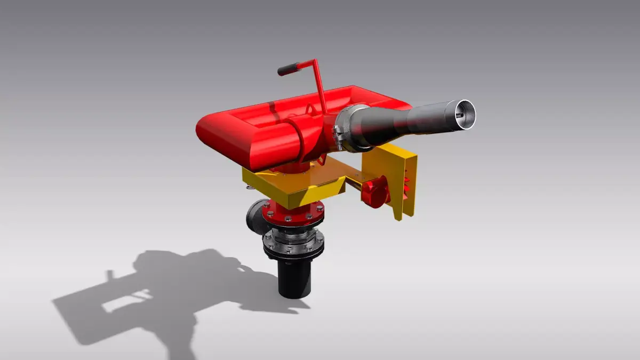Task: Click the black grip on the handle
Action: pyautogui.click(x=289, y=69)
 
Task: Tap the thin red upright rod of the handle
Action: pyautogui.click(x=319, y=85)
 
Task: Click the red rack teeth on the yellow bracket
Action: pyautogui.click(x=408, y=184)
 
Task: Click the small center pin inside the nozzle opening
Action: pyautogui.click(x=459, y=113)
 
